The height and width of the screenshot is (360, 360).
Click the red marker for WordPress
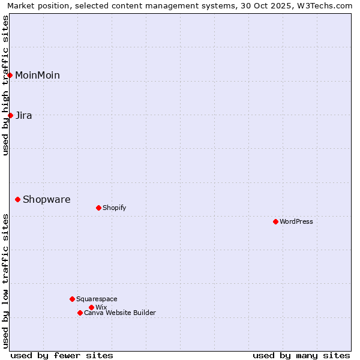[275, 221]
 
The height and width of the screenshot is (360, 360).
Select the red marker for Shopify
[98, 208]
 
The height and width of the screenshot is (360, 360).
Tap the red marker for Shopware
[17, 199]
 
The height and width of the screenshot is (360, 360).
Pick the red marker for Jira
[10, 115]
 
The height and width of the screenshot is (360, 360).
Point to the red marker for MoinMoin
[10, 75]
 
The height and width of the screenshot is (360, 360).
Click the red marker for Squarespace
[72, 299]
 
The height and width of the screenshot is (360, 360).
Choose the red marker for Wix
[91, 307]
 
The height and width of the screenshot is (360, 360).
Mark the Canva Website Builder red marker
[80, 313]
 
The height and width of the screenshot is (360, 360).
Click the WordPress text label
[296, 221]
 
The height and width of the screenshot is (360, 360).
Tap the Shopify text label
[115, 208]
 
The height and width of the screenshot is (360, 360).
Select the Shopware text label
[47, 199]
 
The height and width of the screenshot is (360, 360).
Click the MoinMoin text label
[37, 75]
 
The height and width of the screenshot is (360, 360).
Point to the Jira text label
[24, 115]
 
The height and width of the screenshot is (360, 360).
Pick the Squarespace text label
[97, 299]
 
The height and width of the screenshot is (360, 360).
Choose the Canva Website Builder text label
[120, 313]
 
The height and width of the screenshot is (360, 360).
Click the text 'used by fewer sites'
[62, 355]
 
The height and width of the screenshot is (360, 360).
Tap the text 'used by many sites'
[301, 355]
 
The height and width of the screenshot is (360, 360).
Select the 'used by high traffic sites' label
[5, 85]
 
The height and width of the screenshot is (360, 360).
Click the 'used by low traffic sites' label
[5, 281]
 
